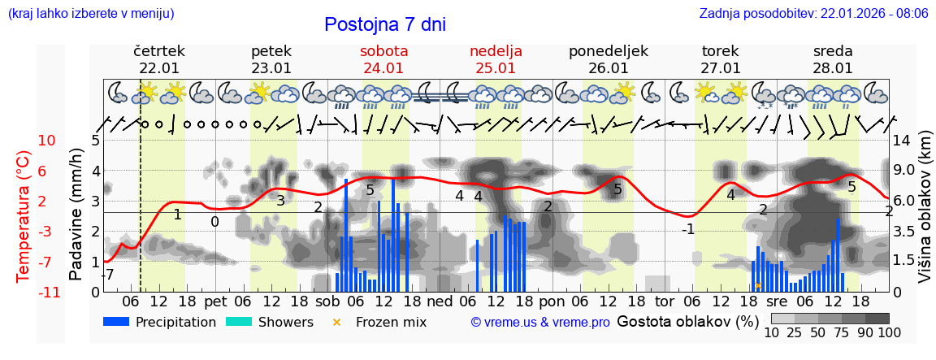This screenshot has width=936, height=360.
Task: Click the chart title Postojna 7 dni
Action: pos(384,24)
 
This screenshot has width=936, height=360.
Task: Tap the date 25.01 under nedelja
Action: pos(496,68)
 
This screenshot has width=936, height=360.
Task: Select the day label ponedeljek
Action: pos(608,51)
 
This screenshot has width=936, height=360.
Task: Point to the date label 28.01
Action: pos(833,68)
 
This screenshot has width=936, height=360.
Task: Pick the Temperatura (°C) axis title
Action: pos(24,216)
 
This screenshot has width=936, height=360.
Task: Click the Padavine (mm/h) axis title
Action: pos(76,215)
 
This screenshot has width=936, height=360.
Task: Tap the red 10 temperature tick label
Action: pos(46,141)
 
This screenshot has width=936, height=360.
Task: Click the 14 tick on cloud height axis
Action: pos(901,141)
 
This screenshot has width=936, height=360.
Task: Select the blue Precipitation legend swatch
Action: pos(116,322)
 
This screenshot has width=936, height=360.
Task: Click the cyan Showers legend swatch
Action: pos(238,322)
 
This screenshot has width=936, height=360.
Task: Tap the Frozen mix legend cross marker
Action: pos(337,322)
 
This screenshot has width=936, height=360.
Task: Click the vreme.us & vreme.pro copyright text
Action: pos(539,323)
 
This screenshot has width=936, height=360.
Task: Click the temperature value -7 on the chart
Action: pos(109,275)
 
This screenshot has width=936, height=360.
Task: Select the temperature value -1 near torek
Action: pos(687,229)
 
